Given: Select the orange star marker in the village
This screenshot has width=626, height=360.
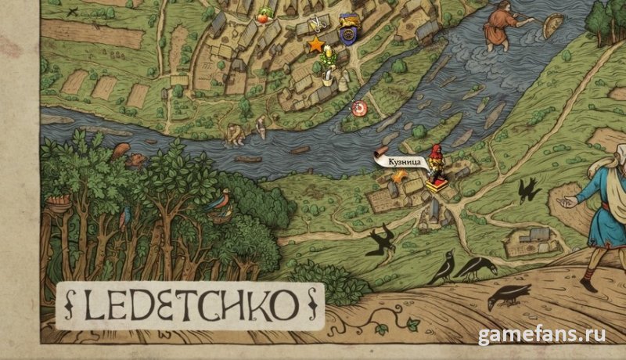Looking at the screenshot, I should click(316, 45).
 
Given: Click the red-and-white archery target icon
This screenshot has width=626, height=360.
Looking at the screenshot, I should click(360, 106).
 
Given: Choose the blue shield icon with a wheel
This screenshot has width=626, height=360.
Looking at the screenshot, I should click(350, 34).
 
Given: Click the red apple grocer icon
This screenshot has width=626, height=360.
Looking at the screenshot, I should click(264, 14).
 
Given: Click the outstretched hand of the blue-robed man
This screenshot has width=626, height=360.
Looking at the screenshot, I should click(565, 201).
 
